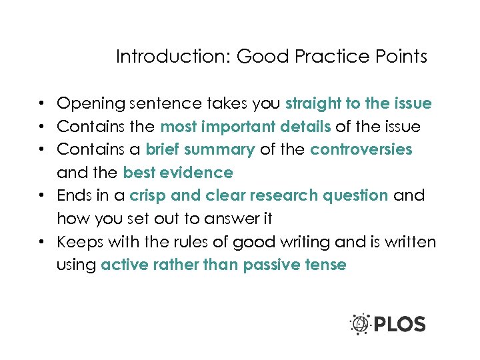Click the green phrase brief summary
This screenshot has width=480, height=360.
(x=200, y=149)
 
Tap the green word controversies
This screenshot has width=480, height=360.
(x=362, y=149)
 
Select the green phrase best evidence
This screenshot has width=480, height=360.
(x=178, y=173)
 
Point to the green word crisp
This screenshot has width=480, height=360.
(x=149, y=195)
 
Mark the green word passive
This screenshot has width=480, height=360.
(x=271, y=265)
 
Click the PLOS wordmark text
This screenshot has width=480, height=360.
(x=399, y=325)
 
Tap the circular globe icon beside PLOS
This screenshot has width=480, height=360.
(x=361, y=324)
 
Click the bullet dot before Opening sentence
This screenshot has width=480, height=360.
(x=41, y=105)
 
